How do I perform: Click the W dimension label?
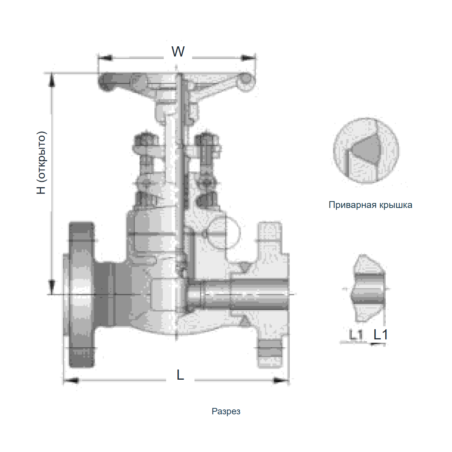tap(178, 51)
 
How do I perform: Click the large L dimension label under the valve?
tap(180, 375)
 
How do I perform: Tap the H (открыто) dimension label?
tap(41, 163)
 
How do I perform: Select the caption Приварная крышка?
tap(370, 205)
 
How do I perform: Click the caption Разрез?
tap(226, 411)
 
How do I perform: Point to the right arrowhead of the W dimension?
tap(248, 58)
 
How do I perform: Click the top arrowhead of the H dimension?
tap(52, 81)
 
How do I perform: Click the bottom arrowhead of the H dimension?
tap(52, 287)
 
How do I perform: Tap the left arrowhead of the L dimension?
tap(71, 380)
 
